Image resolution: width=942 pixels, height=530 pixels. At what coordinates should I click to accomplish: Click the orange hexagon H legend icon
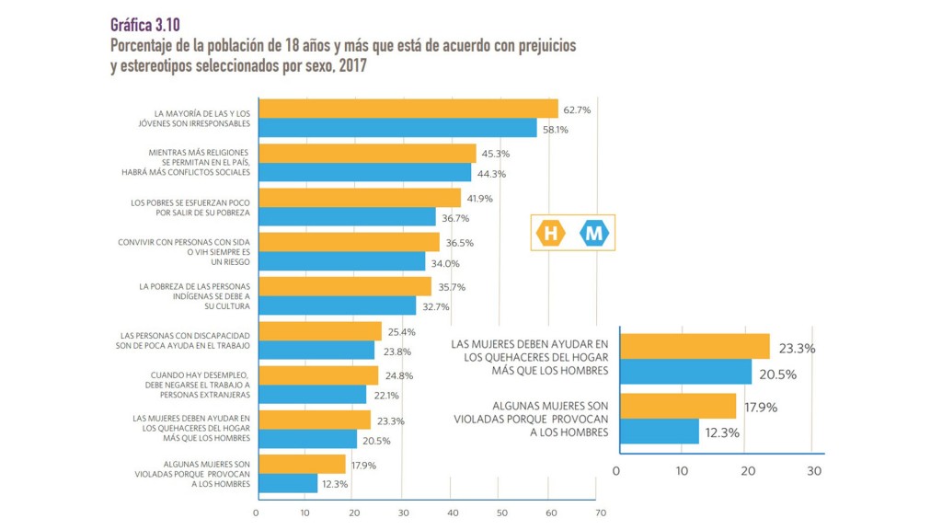coord(551,234)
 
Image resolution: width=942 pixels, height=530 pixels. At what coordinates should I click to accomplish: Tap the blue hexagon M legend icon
coord(594,234)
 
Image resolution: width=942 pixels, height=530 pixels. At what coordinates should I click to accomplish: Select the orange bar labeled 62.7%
coord(408,109)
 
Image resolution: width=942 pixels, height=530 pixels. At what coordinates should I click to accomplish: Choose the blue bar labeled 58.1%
coord(397,129)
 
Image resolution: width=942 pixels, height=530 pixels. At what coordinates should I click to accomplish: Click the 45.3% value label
coord(494,155)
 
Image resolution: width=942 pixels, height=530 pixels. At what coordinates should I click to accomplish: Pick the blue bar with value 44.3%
coord(365,173)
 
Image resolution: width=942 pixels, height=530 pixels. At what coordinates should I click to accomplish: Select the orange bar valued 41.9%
coord(360,198)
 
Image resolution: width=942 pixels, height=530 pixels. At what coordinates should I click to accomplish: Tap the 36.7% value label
coord(454,218)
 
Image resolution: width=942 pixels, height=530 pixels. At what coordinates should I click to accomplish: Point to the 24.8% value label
coord(396,375)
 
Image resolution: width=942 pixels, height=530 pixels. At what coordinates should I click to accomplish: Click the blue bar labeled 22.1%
coord(313,395)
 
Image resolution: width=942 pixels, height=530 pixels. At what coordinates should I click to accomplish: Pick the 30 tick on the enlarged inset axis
coord(812,471)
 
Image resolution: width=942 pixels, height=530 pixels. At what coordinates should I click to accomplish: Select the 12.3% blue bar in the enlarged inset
coord(660,431)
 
